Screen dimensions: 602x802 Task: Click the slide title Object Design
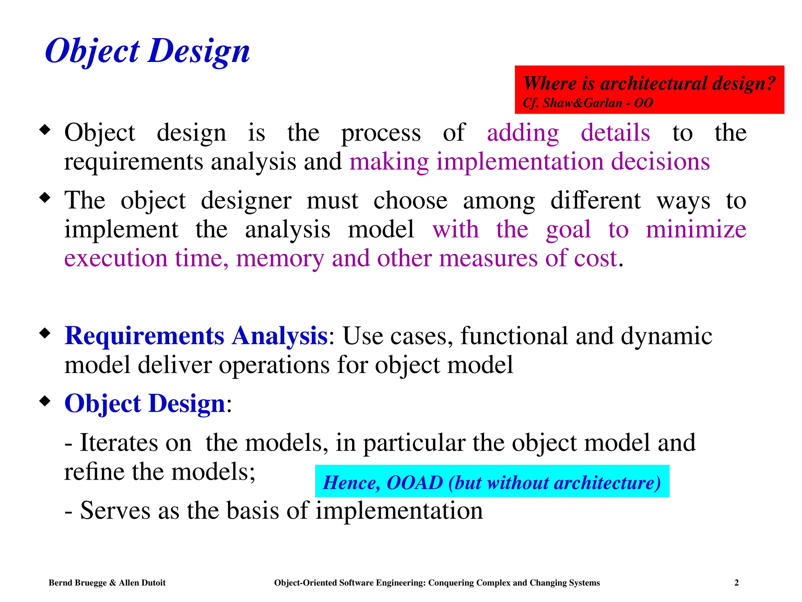coord(147,51)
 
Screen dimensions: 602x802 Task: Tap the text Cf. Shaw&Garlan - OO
coord(587,103)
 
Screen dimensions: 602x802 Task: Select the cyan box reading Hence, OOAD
coord(491,482)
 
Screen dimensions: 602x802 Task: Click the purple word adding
coord(523,133)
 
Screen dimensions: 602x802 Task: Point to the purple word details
coord(615,132)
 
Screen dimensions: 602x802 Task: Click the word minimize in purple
coord(696,229)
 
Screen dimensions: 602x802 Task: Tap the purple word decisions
coord(660,161)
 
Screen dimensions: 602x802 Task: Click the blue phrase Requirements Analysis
coord(196,336)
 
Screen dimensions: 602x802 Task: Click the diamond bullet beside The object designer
coord(45,197)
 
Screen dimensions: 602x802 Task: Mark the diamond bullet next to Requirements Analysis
coord(45,333)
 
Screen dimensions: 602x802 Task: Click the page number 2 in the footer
coord(736,583)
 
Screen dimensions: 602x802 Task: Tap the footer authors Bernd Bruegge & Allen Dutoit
coord(107,583)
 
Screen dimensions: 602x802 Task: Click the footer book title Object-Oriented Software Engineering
coord(437,583)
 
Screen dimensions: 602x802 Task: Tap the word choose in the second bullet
coord(410,201)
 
